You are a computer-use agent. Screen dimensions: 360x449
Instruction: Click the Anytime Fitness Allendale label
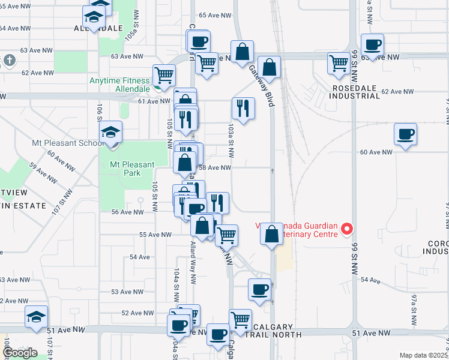[119, 85]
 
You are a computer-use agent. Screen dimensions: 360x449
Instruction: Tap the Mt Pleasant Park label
[132, 169]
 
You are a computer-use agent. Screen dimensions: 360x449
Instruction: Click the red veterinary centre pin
[346, 229]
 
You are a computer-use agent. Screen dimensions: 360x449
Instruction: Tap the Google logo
[19, 353]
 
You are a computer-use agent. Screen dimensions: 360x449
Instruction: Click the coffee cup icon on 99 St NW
[372, 44]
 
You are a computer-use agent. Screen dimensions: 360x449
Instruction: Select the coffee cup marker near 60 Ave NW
[405, 134]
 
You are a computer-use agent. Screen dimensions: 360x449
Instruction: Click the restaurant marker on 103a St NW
[243, 108]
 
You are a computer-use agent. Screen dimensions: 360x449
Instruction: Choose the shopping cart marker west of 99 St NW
[339, 62]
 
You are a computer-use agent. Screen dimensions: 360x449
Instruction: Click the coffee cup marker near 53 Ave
[259, 289]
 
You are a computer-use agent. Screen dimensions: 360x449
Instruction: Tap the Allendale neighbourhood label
[98, 28]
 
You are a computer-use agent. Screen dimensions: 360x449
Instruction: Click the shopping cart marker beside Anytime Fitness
[164, 75]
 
